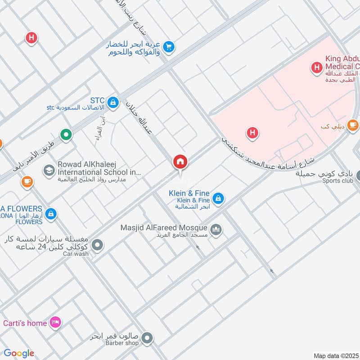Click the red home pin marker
180,162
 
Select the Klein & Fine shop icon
218,198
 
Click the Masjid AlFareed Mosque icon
216,230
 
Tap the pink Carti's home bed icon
56,322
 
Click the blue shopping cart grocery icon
168,47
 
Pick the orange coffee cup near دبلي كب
352,125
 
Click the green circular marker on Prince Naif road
66,135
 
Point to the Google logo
19,353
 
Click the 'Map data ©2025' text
335,355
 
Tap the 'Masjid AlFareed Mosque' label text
164,228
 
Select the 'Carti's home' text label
25,323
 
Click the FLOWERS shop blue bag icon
50,213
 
